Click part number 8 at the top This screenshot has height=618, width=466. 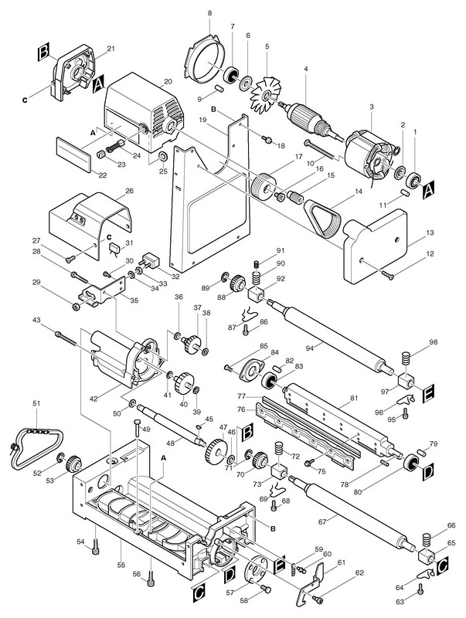(209, 13)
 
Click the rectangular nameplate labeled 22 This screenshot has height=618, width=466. (74, 154)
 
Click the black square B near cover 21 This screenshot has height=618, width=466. (44, 53)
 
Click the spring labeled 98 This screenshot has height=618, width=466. (406, 360)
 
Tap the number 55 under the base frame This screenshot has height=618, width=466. (121, 565)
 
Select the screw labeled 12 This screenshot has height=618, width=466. (386, 275)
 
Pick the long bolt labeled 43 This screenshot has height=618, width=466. (66, 338)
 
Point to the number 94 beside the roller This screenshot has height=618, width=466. (310, 348)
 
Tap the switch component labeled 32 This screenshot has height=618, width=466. (149, 260)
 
